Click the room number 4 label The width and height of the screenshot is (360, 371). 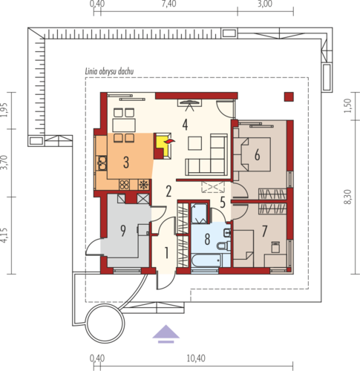click(x=185, y=125)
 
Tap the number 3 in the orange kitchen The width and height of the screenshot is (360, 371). click(x=126, y=162)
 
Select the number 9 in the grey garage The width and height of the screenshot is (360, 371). click(x=123, y=231)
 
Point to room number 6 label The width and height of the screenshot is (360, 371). click(x=258, y=155)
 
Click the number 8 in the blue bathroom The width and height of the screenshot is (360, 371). click(x=207, y=239)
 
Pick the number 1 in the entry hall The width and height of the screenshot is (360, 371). click(x=167, y=253)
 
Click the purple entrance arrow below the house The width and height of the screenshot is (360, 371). click(x=166, y=334)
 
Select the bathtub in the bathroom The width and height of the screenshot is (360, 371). click(x=206, y=261)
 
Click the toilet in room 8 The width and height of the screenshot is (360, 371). click(x=223, y=245)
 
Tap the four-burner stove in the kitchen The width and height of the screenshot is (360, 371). click(x=124, y=185)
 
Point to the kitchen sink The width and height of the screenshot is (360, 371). click(x=102, y=163)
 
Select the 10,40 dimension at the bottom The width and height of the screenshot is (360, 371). click(x=196, y=358)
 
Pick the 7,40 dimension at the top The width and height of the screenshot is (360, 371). click(x=169, y=4)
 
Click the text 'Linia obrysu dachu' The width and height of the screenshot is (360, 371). click(x=110, y=71)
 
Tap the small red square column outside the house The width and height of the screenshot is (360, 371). click(x=289, y=96)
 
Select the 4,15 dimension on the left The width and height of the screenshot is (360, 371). click(x=4, y=235)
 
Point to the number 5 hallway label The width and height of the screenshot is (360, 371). click(x=223, y=203)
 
